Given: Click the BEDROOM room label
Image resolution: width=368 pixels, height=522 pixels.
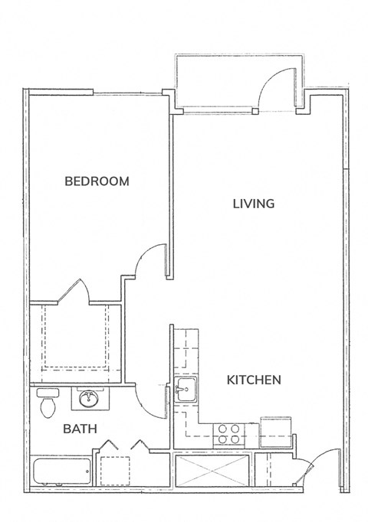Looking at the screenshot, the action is click(97, 181).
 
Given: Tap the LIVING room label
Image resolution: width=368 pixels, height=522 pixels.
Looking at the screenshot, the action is click(254, 204).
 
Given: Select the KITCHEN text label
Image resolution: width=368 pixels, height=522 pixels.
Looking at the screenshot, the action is click(254, 380).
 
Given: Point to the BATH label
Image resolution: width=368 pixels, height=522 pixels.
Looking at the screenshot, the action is click(80, 429).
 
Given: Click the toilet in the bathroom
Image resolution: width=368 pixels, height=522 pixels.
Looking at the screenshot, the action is click(48, 403).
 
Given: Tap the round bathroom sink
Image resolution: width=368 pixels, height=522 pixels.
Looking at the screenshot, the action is click(88, 398).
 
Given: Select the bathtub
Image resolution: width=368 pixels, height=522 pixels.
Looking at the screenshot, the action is click(61, 471).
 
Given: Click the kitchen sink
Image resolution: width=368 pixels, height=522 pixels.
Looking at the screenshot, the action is click(186, 390).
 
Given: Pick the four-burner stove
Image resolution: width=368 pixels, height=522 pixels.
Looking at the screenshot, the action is click(228, 435).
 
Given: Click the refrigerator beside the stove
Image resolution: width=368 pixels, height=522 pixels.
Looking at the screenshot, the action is click(276, 432).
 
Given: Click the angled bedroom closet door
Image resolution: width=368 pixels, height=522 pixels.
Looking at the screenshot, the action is click(69, 292).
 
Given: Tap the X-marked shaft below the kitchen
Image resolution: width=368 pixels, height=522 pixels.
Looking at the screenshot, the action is click(212, 471).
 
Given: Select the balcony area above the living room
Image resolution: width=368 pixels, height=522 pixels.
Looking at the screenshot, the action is click(239, 83).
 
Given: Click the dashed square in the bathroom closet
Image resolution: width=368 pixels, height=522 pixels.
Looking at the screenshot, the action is click(115, 471).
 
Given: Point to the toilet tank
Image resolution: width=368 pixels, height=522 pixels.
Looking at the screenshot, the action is click(48, 393).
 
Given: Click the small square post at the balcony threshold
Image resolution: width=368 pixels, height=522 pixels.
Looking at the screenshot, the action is click(255, 111).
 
